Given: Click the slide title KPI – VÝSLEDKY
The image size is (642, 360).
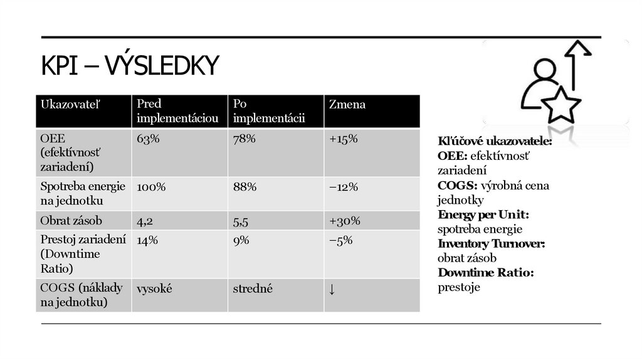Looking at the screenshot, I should pyautogui.click(x=130, y=66).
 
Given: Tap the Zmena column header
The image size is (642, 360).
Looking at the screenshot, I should pyautogui.click(x=347, y=105).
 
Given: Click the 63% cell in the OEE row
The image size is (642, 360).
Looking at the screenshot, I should pyautogui.click(x=149, y=139).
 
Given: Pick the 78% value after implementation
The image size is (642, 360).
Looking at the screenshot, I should pyautogui.click(x=244, y=139).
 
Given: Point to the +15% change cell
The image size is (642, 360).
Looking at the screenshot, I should pyautogui.click(x=343, y=139).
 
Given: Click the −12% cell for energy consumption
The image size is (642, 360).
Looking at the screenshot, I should pyautogui.click(x=343, y=187).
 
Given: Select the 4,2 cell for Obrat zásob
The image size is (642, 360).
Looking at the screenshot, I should pyautogui.click(x=145, y=221).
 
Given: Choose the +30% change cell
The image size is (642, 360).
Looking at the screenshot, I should pyautogui.click(x=344, y=221).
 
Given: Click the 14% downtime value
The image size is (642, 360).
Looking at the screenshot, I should pyautogui.click(x=147, y=240).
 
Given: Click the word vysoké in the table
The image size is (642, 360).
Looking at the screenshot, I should pyautogui.click(x=154, y=289).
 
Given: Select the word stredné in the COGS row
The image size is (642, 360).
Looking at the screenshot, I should pyautogui.click(x=253, y=289).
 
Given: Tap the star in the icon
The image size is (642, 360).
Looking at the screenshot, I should pyautogui.click(x=561, y=105).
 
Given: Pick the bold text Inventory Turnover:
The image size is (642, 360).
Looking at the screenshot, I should pyautogui.click(x=491, y=244).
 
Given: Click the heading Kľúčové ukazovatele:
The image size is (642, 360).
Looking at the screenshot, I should pyautogui.click(x=494, y=142).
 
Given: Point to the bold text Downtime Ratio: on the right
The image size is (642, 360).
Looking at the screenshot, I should pyautogui.click(x=485, y=273).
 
